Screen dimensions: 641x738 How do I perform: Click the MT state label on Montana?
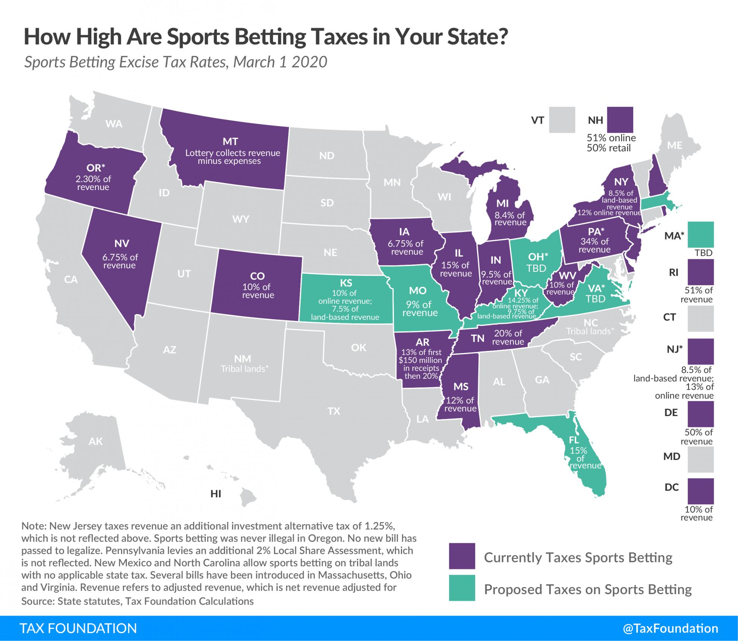(x=230, y=142)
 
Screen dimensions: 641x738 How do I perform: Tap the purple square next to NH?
(x=620, y=120)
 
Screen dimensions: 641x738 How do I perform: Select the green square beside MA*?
(x=701, y=235)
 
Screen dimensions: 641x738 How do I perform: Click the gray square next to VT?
(x=562, y=120)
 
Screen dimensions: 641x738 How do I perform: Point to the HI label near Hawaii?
(x=216, y=494)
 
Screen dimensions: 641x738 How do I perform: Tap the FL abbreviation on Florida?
(x=574, y=441)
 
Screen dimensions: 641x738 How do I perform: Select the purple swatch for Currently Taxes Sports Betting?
(x=462, y=556)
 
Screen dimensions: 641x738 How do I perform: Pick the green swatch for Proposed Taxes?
(x=462, y=588)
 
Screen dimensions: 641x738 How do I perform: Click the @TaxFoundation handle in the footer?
(x=670, y=628)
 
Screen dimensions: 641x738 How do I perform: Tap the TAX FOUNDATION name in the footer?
(x=78, y=628)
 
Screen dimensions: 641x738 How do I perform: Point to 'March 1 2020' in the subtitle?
(x=280, y=62)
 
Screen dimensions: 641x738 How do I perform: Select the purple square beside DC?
(x=701, y=491)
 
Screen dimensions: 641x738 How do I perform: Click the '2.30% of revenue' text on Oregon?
(x=93, y=183)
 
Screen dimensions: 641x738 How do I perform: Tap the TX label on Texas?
(x=334, y=411)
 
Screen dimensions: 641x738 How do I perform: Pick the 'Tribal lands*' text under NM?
(x=244, y=369)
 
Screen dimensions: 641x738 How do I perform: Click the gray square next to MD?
(x=701, y=459)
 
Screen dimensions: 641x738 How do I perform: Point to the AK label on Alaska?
(x=96, y=441)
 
